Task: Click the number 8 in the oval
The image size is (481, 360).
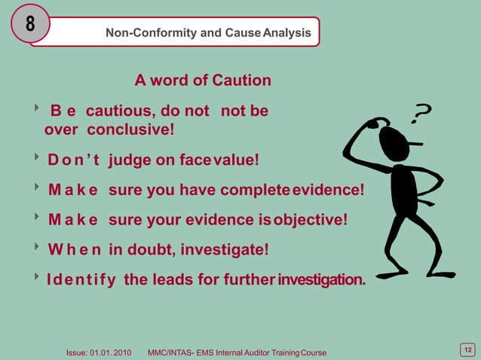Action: pyautogui.click(x=30, y=24)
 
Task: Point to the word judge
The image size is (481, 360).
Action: pyautogui.click(x=132, y=160)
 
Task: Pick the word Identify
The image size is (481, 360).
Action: pyautogui.click(x=81, y=280)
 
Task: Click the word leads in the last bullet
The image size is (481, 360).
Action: pyautogui.click(x=173, y=280)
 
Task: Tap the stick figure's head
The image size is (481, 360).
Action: pyautogui.click(x=391, y=138)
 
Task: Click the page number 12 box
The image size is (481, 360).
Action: pyautogui.click(x=467, y=349)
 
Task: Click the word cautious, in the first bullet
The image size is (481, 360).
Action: pyautogui.click(x=122, y=111)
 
